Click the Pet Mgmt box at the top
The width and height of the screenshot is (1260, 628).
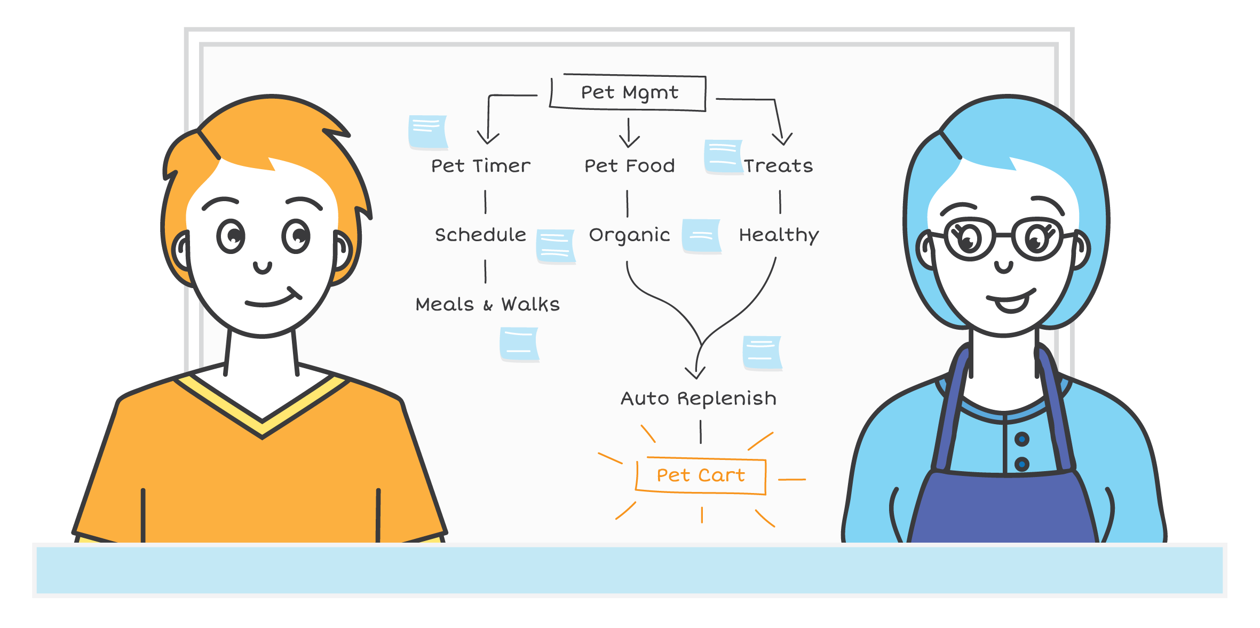[629, 93]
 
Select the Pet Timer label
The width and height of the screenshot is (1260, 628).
[481, 166]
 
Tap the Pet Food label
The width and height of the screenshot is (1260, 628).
[629, 166]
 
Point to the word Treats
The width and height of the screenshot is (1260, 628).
[779, 166]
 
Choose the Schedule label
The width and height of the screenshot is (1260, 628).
[480, 235]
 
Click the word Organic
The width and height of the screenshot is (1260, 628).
[629, 235]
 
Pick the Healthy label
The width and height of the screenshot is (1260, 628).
[779, 235]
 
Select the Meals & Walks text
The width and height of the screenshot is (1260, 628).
[487, 304]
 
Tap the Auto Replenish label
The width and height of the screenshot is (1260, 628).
[698, 399]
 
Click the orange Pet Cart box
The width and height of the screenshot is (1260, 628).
[701, 475]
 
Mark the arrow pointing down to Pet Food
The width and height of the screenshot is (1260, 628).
[629, 133]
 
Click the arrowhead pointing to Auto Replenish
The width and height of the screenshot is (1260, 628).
[695, 372]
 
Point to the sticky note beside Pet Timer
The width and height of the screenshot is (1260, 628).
[427, 132]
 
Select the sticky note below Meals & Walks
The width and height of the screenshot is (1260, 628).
[519, 344]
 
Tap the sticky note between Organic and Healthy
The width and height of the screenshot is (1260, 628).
[702, 235]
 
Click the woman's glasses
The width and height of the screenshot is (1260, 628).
[1003, 238]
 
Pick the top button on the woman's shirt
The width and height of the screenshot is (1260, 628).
[1021, 440]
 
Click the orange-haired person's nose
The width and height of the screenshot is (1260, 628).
[262, 266]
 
